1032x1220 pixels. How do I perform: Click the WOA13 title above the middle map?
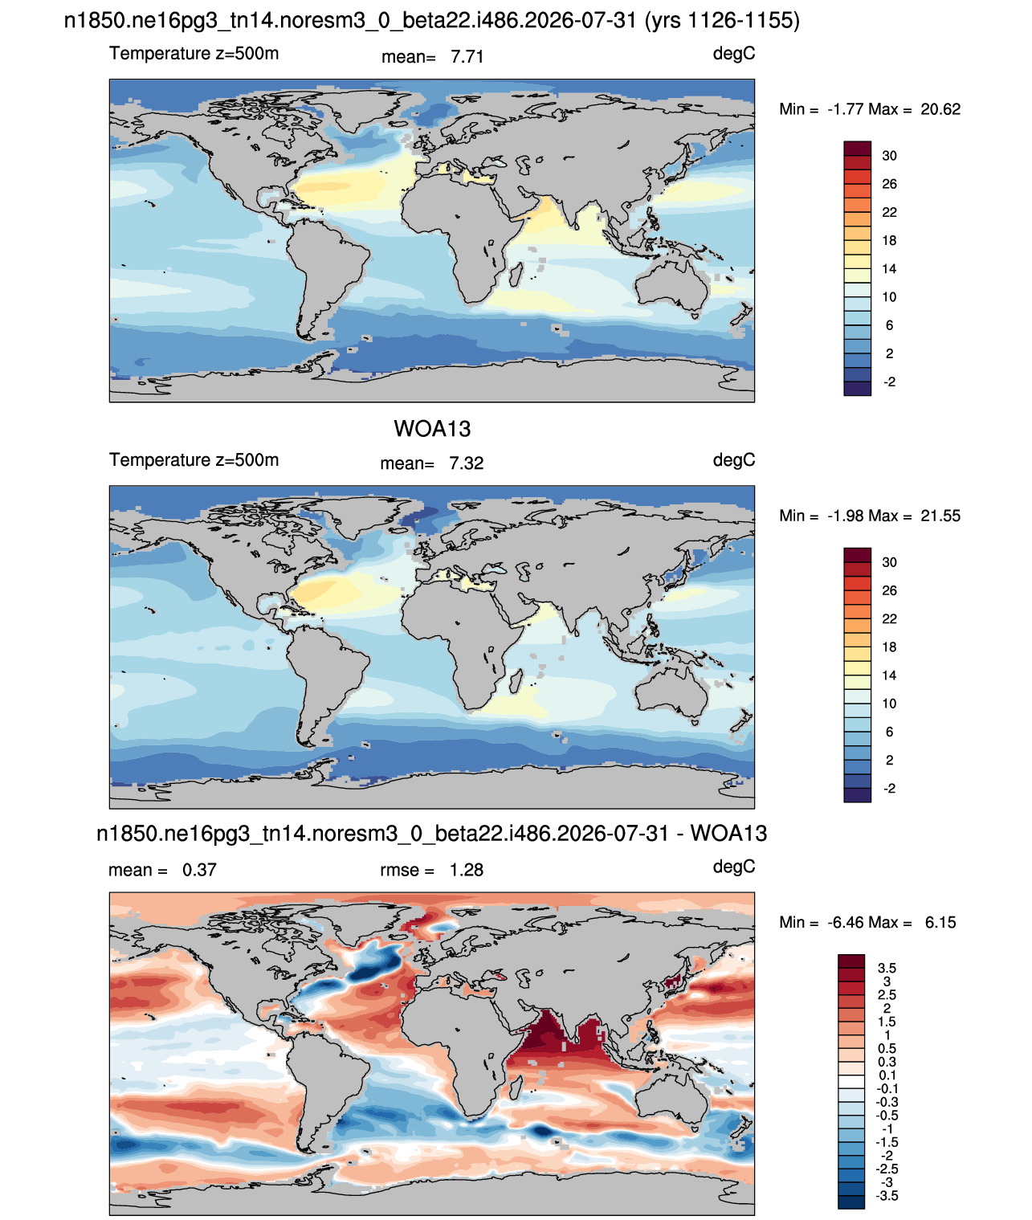pyautogui.click(x=432, y=429)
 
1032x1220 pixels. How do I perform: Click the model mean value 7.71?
pyautogui.click(x=467, y=57)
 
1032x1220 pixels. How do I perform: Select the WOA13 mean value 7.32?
pyautogui.click(x=466, y=463)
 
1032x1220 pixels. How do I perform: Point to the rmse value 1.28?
pyautogui.click(x=466, y=870)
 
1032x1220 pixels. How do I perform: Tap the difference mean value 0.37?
pyautogui.click(x=199, y=870)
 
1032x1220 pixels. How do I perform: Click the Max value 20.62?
pyautogui.click(x=940, y=109)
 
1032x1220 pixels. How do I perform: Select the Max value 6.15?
pyautogui.click(x=940, y=923)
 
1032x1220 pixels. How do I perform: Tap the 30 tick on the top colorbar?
pyautogui.click(x=889, y=156)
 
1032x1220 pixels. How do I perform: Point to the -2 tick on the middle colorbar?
pyautogui.click(x=889, y=789)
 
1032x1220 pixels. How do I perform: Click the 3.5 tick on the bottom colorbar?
pyautogui.click(x=887, y=968)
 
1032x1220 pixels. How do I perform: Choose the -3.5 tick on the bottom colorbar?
pyautogui.click(x=887, y=1196)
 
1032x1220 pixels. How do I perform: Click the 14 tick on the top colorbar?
pyautogui.click(x=889, y=269)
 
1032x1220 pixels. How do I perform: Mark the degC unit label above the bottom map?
pyautogui.click(x=733, y=867)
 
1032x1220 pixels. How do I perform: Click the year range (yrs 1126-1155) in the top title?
pyautogui.click(x=722, y=21)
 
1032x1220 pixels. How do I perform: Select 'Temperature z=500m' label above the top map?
pyautogui.click(x=194, y=54)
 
